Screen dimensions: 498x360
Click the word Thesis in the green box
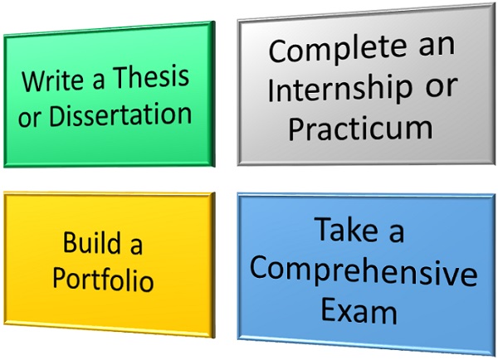click(x=151, y=77)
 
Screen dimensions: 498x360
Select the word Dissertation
click(x=120, y=114)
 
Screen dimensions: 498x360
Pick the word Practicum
click(x=360, y=128)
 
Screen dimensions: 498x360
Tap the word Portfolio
click(x=103, y=280)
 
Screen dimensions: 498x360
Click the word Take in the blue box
click(x=346, y=229)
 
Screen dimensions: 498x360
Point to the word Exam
click(x=359, y=310)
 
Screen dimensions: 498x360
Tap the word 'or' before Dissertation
click(x=30, y=119)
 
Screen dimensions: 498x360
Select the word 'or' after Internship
click(x=442, y=86)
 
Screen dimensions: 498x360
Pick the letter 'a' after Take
click(x=397, y=233)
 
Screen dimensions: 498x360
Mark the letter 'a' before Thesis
click(x=98, y=80)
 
